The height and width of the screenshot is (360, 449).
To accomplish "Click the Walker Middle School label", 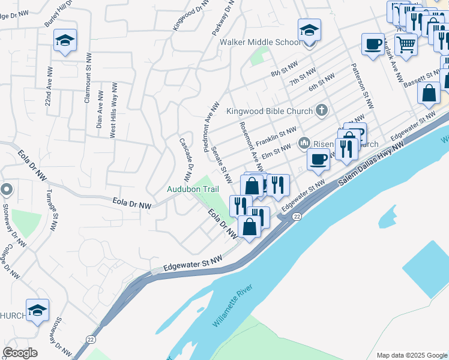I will (x=261, y=43).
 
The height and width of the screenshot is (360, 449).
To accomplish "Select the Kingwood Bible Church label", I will (x=270, y=111).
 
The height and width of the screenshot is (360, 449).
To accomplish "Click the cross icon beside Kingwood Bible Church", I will (x=322, y=110).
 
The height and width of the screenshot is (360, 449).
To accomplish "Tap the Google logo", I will (x=19, y=353).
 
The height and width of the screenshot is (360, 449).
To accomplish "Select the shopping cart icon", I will (x=406, y=44).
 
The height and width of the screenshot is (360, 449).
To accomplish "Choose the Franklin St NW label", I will (x=276, y=138).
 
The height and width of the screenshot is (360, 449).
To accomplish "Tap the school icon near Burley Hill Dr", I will (x=65, y=41).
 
